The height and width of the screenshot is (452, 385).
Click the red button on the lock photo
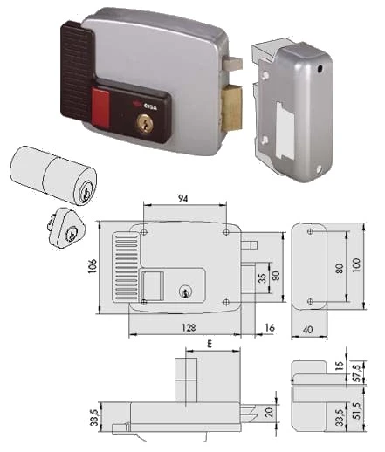pos(100,107)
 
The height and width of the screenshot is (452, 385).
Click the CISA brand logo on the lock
pos(148,106)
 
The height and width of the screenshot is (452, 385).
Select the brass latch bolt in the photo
pos(231,107)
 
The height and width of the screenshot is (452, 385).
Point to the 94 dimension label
pos(183,199)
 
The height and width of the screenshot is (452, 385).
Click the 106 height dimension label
pos(92,266)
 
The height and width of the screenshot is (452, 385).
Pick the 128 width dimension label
pos(189,328)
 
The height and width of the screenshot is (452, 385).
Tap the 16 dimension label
pos(270,327)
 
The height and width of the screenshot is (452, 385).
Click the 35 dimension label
pos(262,278)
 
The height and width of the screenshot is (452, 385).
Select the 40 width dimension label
pos(308,330)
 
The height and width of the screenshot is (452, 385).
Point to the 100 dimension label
pos(356,265)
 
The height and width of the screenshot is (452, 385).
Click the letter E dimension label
pos(210,344)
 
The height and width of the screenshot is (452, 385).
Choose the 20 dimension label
pos(269,412)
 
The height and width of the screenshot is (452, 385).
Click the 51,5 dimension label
pos(358,410)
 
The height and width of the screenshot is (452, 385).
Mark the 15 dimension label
pos(340,365)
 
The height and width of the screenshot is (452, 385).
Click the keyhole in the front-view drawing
pos(184,291)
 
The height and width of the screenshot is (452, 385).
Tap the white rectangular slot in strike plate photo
pos(284,130)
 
